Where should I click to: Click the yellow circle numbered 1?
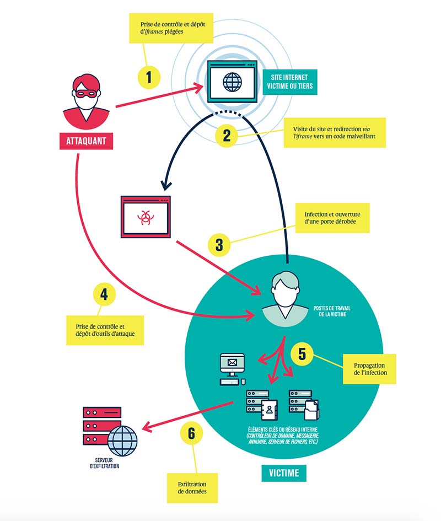coord(149,77)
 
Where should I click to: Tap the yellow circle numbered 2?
coord(227,136)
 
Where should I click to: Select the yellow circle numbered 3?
coord(219,245)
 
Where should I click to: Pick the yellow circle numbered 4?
coord(104,294)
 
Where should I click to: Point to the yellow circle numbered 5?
coord(302,354)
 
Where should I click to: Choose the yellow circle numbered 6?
coord(191,433)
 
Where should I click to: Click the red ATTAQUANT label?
coord(86,141)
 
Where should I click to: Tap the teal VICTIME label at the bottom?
coord(284,473)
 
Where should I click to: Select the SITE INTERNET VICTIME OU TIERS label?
coord(290,82)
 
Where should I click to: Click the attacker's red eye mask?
coord(86,93)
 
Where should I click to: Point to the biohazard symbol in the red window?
coord(146,218)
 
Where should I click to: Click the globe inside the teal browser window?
coord(232,82)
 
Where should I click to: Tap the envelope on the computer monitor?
coord(232,363)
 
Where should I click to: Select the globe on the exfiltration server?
coord(122,441)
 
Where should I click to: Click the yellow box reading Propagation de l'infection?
coord(369,369)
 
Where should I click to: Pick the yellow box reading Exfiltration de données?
coord(192,488)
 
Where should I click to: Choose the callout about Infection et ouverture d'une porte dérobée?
coord(332,218)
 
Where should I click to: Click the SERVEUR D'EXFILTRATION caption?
coord(104,463)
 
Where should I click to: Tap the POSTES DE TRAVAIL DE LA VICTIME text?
coord(332,311)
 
